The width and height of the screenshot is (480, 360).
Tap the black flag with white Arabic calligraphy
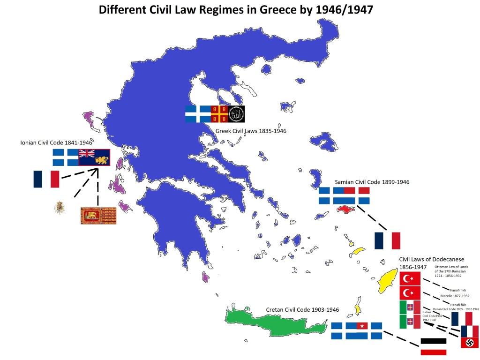(x=236, y=113)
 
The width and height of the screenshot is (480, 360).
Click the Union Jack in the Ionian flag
(x=87, y=153)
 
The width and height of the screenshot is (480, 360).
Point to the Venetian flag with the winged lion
(x=98, y=216)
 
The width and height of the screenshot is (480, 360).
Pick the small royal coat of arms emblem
(x=59, y=207)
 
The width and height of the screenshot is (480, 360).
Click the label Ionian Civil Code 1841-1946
(x=56, y=142)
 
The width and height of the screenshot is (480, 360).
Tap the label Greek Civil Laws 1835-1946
(x=251, y=131)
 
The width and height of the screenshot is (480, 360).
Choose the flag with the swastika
(x=470, y=343)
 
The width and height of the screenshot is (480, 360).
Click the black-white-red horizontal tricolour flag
(x=433, y=346)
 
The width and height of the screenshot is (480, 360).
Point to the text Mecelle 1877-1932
(x=455, y=296)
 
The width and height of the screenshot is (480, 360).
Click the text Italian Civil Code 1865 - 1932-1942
(x=456, y=309)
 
